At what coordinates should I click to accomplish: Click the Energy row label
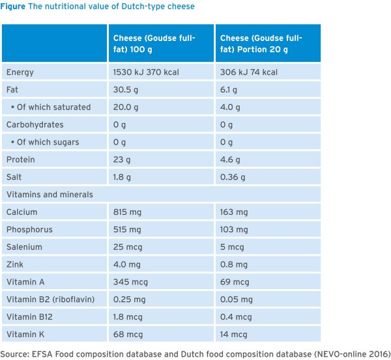pyautogui.click(x=20, y=72)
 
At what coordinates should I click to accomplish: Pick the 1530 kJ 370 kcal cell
pyautogui.click(x=141, y=72)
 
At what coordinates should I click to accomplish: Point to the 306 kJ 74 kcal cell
pyautogui.click(x=248, y=72)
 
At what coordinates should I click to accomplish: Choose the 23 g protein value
pyautogui.click(x=121, y=159)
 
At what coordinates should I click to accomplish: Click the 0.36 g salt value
pyautogui.click(x=233, y=177)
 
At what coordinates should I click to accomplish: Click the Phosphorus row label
pyautogui.click(x=29, y=230)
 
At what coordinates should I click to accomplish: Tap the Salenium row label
pyautogui.click(x=25, y=247)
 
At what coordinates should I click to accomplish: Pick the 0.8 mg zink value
pyautogui.click(x=233, y=265)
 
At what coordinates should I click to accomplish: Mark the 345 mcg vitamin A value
pyautogui.click(x=127, y=283)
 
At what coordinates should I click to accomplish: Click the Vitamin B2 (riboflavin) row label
pyautogui.click(x=50, y=299)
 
